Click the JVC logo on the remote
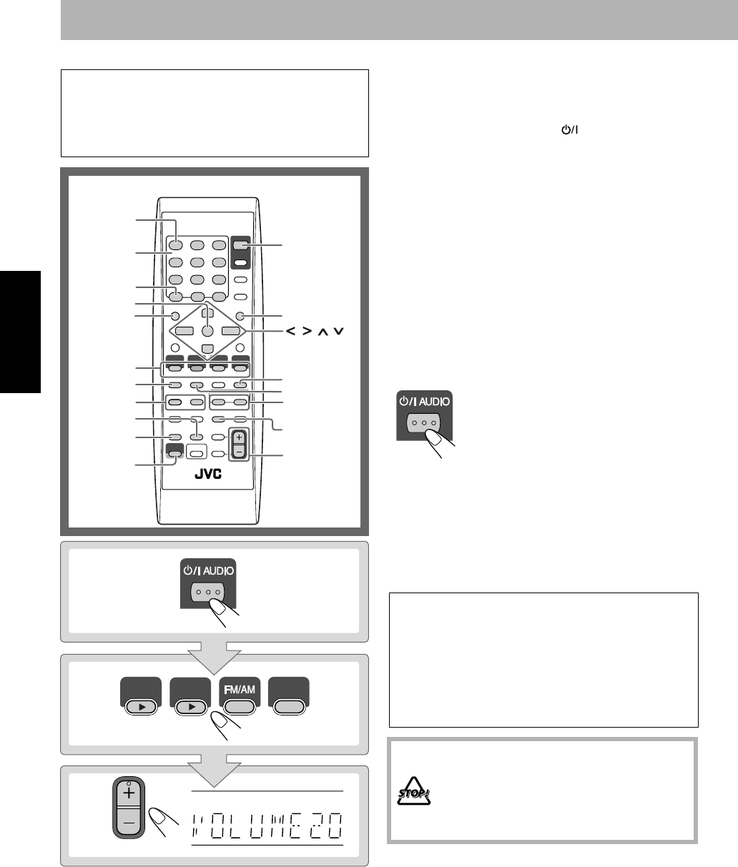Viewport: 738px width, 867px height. [208, 474]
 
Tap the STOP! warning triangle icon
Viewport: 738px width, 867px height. [413, 791]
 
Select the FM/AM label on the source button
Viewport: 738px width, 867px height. [240, 690]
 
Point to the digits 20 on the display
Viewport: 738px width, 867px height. [326, 826]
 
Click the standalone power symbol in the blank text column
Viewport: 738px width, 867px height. [569, 129]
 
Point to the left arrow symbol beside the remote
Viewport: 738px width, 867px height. [290, 332]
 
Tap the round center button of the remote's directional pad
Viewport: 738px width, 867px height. [207, 330]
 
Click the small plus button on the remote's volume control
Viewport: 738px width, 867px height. [239, 437]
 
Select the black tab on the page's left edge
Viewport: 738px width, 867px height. [20, 332]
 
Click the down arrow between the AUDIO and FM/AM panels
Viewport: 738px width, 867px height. [215, 658]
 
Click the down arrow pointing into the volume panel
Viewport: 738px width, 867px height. [215, 771]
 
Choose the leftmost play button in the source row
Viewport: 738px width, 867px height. [141, 707]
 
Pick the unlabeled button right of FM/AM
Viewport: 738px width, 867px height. [289, 707]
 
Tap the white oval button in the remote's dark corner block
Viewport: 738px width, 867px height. [240, 262]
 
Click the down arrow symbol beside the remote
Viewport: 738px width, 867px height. [338, 332]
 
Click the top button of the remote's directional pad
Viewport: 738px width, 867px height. [207, 313]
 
